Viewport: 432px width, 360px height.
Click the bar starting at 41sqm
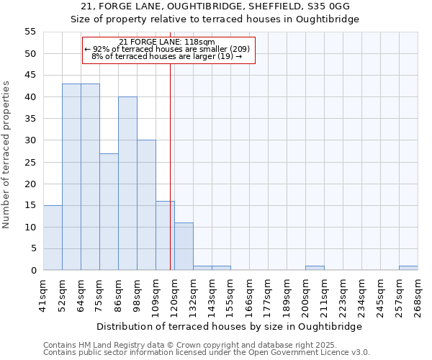[x=53, y=238]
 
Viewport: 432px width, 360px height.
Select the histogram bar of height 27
[x=109, y=212]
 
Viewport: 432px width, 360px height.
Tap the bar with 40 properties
[x=127, y=184]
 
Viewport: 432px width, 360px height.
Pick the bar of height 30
[x=146, y=205]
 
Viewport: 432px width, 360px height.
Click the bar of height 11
[x=184, y=246]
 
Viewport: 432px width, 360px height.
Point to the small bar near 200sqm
[x=315, y=268]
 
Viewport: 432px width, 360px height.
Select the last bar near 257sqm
[x=408, y=268]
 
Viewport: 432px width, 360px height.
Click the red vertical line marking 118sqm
[x=170, y=166]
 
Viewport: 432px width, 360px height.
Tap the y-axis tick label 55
[x=30, y=32]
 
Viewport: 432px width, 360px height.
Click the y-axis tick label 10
[x=30, y=227]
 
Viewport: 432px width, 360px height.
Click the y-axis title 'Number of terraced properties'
[x=6, y=155]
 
